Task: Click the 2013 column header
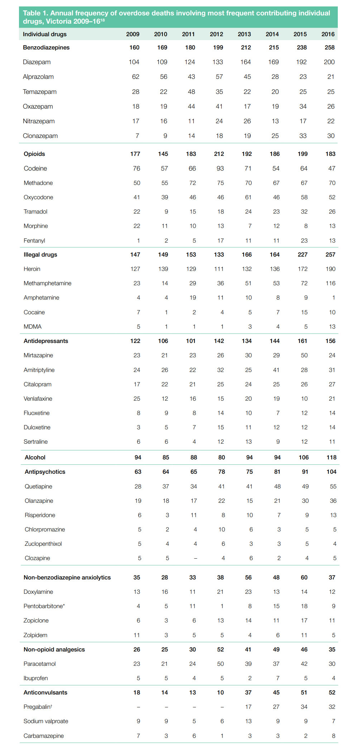[244, 34]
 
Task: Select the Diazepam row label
[37, 62]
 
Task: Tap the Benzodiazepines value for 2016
[329, 47]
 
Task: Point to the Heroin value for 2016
[330, 269]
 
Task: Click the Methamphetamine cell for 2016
[330, 283]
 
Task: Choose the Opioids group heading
[34, 154]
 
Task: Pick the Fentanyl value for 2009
[138, 241]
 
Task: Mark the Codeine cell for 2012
[220, 168]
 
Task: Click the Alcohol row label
[35, 458]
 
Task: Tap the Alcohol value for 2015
[303, 458]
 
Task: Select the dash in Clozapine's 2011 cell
[195, 558]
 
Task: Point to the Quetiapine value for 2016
[333, 487]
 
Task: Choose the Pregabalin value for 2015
[304, 707]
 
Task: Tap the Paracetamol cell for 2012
[220, 664]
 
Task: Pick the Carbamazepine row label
[44, 736]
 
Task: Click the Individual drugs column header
[45, 34]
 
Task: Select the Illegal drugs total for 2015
[302, 255]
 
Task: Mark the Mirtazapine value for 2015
[304, 355]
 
